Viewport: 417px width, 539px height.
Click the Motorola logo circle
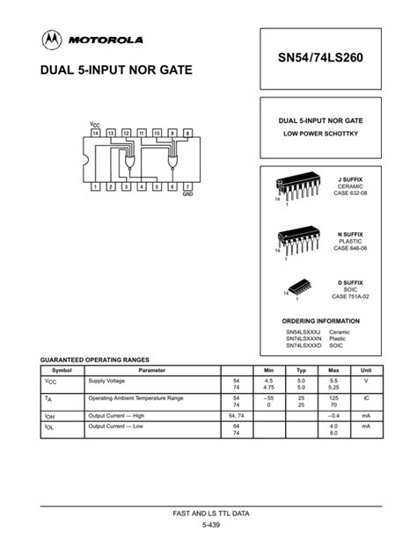coord(51,40)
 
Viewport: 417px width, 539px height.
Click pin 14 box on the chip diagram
coord(95,133)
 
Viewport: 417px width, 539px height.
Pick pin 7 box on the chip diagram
coord(187,186)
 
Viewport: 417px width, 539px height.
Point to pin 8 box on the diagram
coord(187,133)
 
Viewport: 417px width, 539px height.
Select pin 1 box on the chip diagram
coord(95,186)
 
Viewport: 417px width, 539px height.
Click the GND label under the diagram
coord(187,194)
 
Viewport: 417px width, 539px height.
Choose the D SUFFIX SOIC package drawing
coord(297,290)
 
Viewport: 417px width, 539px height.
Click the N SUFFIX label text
coord(350,234)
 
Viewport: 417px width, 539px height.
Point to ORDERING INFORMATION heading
coord(320,321)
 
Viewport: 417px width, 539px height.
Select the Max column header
coord(335,371)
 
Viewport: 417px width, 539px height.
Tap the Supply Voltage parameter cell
coord(108,382)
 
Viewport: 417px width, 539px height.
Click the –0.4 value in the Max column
coord(334,414)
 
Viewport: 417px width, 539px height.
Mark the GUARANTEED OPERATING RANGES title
coord(96,360)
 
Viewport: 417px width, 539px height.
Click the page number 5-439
coord(208,525)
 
